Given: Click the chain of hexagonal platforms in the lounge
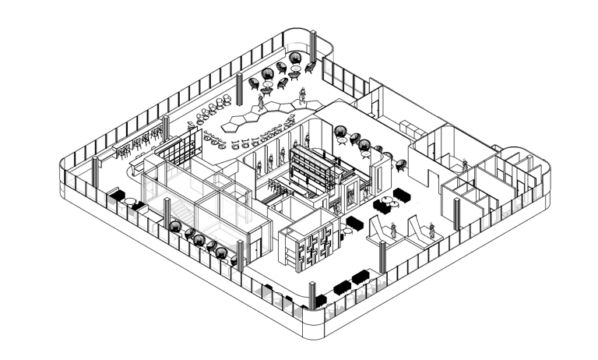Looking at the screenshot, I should (257, 118).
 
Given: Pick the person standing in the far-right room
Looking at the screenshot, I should (465, 165).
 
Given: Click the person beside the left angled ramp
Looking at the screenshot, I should (394, 230).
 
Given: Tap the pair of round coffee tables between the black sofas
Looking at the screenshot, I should (387, 204).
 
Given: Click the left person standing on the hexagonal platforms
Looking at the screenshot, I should (262, 101).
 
